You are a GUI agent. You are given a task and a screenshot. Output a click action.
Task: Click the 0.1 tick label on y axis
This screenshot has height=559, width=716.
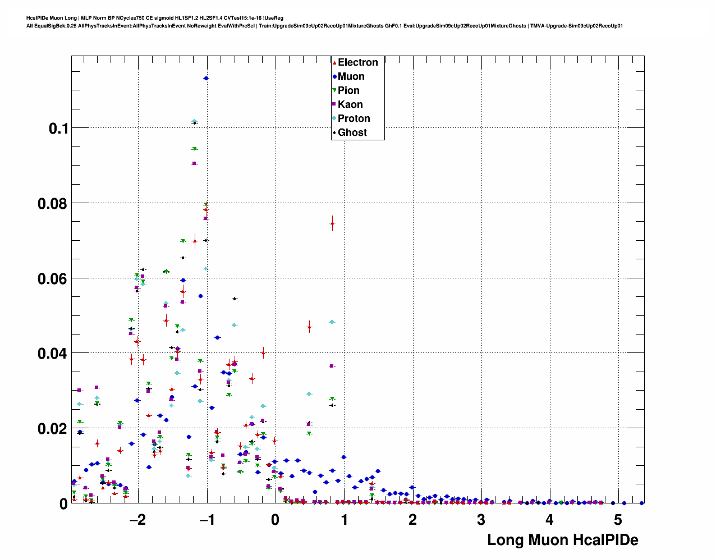tap(58, 129)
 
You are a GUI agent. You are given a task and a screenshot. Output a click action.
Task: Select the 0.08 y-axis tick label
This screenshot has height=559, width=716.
tap(52, 204)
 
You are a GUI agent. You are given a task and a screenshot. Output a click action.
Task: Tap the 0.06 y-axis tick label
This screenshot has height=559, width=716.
tap(52, 279)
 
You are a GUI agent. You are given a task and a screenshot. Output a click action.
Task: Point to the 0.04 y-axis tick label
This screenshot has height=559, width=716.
tap(52, 354)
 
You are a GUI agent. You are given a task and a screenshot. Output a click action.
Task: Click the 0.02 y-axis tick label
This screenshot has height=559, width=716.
tap(52, 429)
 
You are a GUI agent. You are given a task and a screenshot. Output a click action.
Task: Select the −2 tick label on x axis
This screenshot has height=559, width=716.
tap(137, 520)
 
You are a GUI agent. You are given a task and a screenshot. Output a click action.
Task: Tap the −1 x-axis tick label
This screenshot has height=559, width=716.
tap(206, 520)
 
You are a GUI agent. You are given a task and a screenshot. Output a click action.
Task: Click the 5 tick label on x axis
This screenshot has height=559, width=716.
tap(618, 520)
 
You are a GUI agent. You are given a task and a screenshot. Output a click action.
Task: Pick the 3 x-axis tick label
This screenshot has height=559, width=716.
tap(481, 520)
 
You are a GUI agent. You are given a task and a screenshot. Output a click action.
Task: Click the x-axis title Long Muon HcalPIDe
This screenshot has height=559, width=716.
tap(563, 540)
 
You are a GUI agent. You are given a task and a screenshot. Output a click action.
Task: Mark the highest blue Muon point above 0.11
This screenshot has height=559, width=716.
tap(206, 78)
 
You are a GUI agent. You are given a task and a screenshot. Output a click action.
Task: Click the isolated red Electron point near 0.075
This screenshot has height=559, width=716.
tap(332, 223)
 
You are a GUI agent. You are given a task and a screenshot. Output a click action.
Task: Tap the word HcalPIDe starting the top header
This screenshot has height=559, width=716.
tap(39, 18)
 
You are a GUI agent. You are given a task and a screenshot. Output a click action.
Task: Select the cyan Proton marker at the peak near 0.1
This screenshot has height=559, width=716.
tap(194, 121)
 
